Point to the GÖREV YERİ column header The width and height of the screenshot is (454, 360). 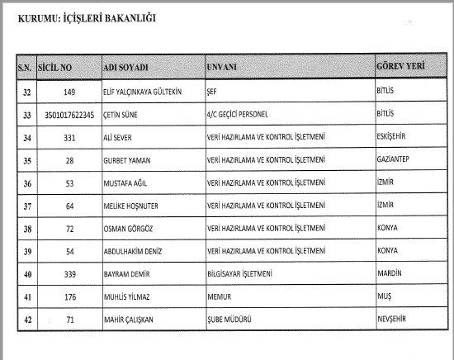click(402, 63)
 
